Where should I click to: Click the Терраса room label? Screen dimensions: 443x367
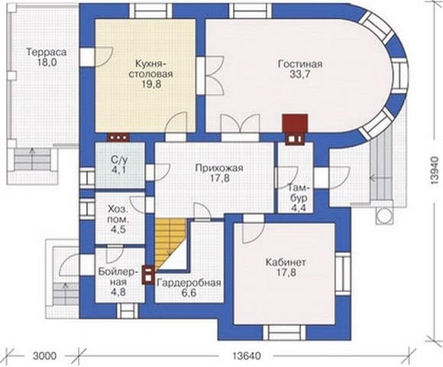click(x=47, y=52)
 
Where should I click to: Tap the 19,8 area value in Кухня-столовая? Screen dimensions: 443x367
click(x=152, y=84)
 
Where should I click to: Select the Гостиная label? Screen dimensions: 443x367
click(x=300, y=64)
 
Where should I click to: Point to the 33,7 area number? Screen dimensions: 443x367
click(x=300, y=74)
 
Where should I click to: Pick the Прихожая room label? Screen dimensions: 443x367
click(x=219, y=168)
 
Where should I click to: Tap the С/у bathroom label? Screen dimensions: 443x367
click(x=119, y=161)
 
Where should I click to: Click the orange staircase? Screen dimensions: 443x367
click(x=170, y=243)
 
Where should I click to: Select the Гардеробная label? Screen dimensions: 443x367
click(x=189, y=283)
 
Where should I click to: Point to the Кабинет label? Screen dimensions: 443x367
click(x=286, y=262)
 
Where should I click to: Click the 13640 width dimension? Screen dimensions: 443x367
click(x=246, y=356)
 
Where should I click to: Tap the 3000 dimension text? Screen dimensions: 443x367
click(x=44, y=356)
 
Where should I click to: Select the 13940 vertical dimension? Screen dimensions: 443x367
click(x=435, y=171)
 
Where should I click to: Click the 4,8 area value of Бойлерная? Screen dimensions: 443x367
click(x=118, y=292)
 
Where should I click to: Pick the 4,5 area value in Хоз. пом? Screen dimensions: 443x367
click(x=118, y=229)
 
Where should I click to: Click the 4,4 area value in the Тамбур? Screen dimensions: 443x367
click(x=300, y=208)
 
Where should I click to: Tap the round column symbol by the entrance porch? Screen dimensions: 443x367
click(x=384, y=216)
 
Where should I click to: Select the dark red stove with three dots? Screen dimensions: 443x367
click(x=118, y=137)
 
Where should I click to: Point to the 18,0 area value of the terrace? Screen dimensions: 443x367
click(x=47, y=63)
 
